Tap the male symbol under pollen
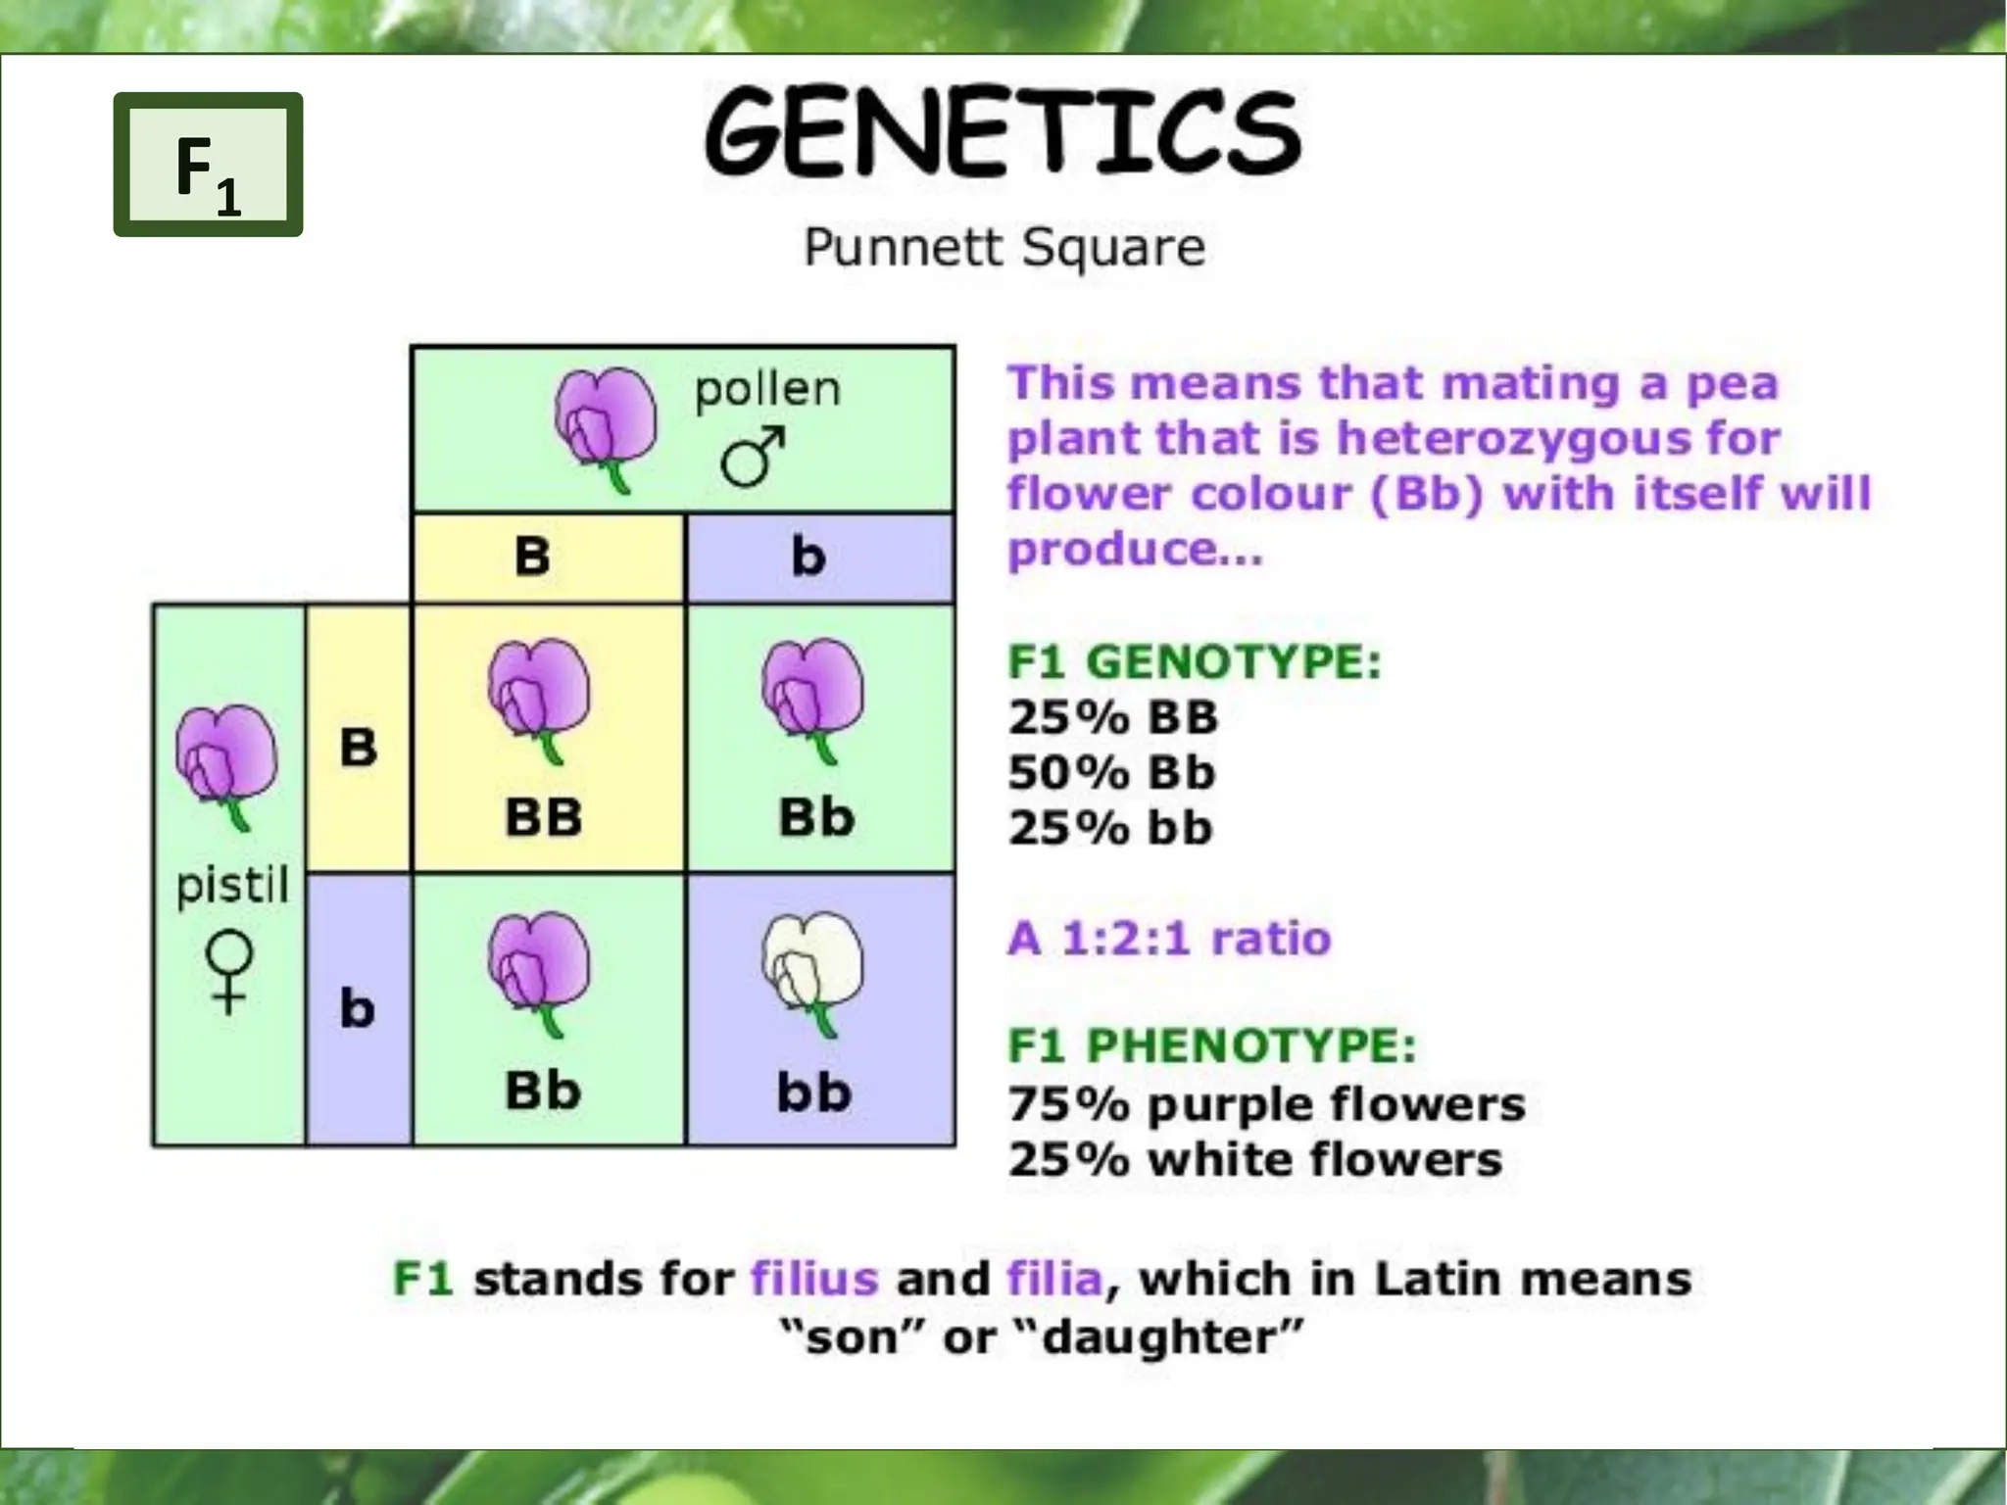[x=753, y=457]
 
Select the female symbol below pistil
[x=229, y=971]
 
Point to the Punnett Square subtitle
[x=1003, y=246]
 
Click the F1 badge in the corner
[x=208, y=166]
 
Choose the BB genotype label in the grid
[x=544, y=817]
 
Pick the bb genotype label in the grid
[x=814, y=1092]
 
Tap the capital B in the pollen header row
[x=532, y=557]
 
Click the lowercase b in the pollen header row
[x=808, y=557]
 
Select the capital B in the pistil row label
[x=358, y=748]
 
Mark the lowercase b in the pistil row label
[x=358, y=1008]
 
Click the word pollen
[x=767, y=389]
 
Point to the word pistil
[x=232, y=886]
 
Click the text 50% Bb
[x=1111, y=773]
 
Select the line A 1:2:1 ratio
[x=1169, y=939]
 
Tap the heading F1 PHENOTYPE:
[x=1212, y=1046]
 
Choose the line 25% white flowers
[x=1254, y=1160]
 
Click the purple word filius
[x=814, y=1280]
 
